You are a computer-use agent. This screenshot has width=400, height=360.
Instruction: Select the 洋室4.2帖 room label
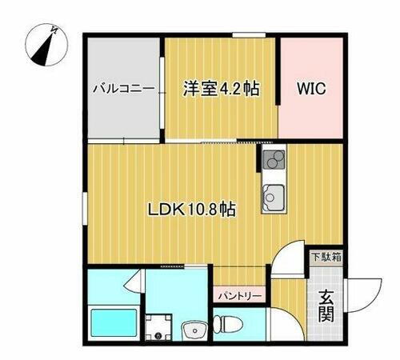(221, 88)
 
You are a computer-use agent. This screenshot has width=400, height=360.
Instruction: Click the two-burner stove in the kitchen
(270, 161)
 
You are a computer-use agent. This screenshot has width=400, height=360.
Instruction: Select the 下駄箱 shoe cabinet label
(326, 258)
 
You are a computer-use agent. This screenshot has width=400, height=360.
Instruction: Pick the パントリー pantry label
(238, 295)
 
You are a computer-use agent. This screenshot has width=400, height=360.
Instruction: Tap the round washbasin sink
(193, 329)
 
